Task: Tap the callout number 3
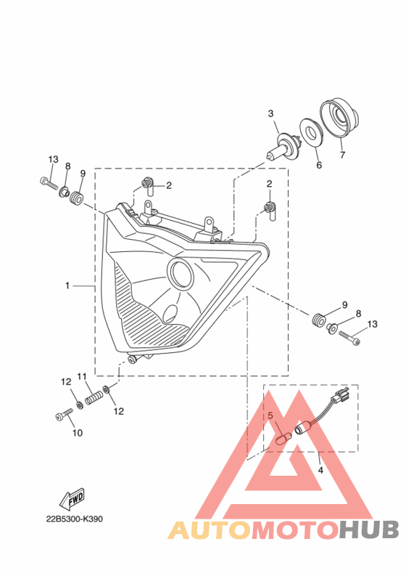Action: (270, 113)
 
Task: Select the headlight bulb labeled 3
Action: (282, 149)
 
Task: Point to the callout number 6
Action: (319, 165)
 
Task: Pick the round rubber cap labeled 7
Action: (339, 118)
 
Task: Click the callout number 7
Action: (342, 155)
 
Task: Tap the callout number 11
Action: (82, 376)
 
